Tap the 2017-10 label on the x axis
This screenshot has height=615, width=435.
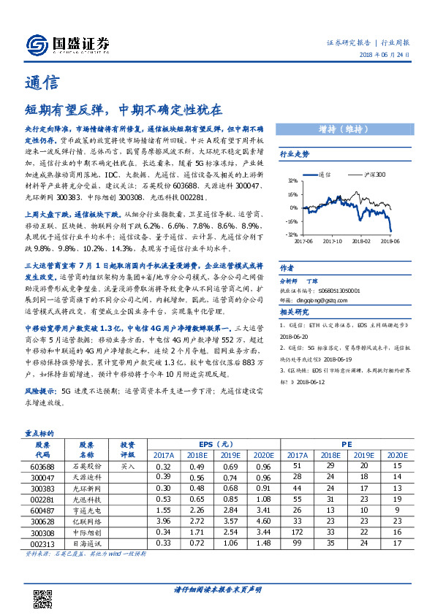point(333,240)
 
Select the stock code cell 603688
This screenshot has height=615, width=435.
point(42,465)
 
